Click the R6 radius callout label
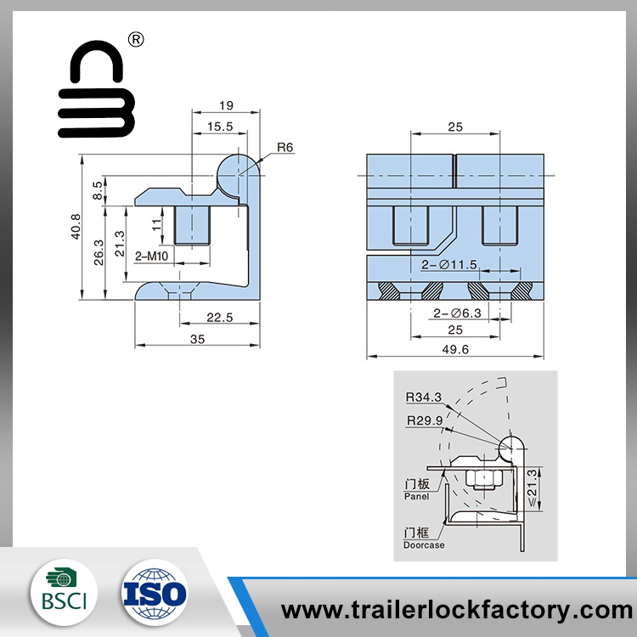click(285, 147)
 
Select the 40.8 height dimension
click(76, 227)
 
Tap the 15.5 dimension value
click(220, 127)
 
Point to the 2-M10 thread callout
click(151, 256)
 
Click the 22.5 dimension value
click(220, 318)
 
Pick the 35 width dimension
click(197, 339)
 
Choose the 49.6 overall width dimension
click(455, 349)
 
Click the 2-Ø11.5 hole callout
click(449, 265)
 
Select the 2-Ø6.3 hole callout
click(457, 313)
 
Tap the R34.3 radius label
click(424, 397)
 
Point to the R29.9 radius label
click(425, 420)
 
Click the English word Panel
click(416, 496)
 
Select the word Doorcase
click(424, 545)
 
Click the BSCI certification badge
click(64, 592)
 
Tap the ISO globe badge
click(155, 592)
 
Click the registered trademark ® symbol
click(136, 39)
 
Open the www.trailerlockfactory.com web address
click(457, 610)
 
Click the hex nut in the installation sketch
click(484, 479)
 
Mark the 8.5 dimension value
click(98, 190)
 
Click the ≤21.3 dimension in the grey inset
click(532, 488)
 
